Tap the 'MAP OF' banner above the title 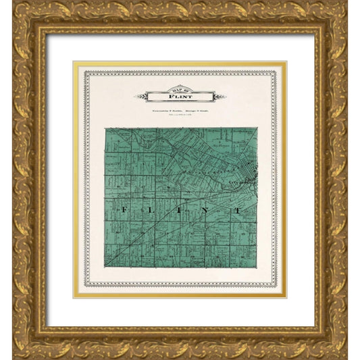[180, 90]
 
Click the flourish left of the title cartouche [140, 96]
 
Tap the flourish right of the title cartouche [220, 96]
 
